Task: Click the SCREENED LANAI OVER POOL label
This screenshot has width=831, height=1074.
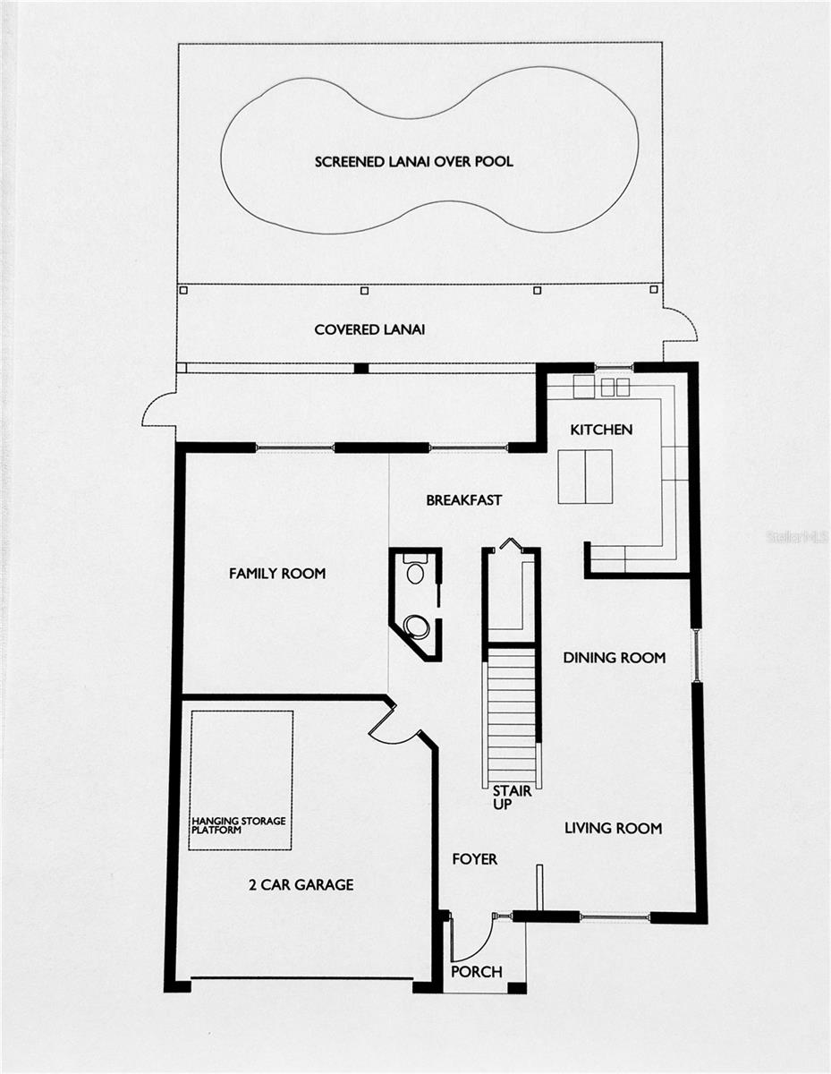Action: pyautogui.click(x=413, y=162)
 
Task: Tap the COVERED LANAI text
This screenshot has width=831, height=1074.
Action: pyautogui.click(x=369, y=330)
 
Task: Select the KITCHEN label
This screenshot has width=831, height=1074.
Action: pyautogui.click(x=601, y=430)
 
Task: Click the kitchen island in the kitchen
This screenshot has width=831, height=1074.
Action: pyautogui.click(x=585, y=476)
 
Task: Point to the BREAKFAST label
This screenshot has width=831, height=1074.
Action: pyautogui.click(x=463, y=500)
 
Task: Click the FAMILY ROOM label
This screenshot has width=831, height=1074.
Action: pyautogui.click(x=277, y=574)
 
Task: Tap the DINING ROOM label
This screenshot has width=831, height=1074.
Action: pyautogui.click(x=614, y=658)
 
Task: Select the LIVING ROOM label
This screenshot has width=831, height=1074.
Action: pyautogui.click(x=613, y=829)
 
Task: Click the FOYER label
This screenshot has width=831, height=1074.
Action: pyautogui.click(x=474, y=859)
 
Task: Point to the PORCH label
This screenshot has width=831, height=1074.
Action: pyautogui.click(x=476, y=972)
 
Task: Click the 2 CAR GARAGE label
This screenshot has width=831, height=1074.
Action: pyautogui.click(x=301, y=885)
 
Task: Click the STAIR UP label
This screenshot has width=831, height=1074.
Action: pyautogui.click(x=513, y=797)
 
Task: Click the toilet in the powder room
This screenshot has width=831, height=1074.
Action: pyautogui.click(x=415, y=570)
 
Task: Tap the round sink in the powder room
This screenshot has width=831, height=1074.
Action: pyautogui.click(x=416, y=626)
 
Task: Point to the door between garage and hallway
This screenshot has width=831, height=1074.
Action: pyautogui.click(x=394, y=727)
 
